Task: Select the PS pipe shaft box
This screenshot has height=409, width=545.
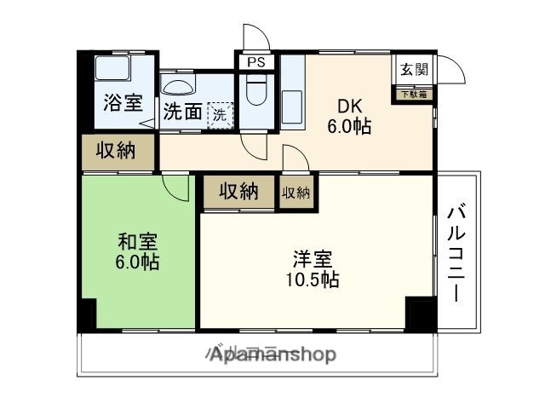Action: [x=254, y=62]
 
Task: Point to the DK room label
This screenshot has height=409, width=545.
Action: [x=350, y=107]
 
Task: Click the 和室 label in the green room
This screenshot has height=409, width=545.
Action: [x=137, y=241]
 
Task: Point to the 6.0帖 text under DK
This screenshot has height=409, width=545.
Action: [x=350, y=127]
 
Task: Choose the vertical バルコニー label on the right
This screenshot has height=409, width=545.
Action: [x=456, y=252]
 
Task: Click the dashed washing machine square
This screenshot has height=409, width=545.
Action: [x=220, y=115]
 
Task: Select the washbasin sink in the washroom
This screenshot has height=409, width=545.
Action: [x=178, y=85]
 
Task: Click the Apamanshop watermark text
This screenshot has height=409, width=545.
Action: [x=272, y=354]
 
